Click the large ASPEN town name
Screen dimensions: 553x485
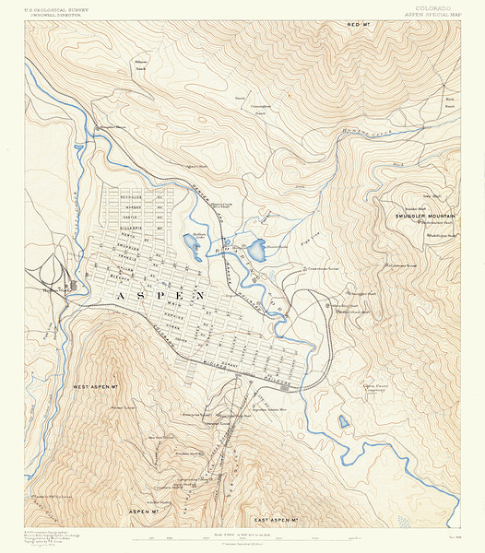pos(160,295)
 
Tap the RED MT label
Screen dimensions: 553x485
pos(364,24)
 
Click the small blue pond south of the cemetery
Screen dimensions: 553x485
pos(343,422)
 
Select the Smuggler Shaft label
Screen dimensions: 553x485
pos(362,295)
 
